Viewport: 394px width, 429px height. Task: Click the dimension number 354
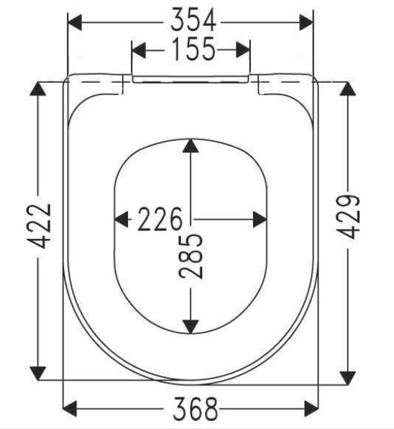[193, 20]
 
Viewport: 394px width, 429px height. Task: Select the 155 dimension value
[193, 49]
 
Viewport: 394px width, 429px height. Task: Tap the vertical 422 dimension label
[39, 226]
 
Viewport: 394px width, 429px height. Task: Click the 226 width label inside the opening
[160, 219]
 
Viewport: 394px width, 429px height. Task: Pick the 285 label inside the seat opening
[191, 256]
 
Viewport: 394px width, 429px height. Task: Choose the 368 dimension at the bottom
[196, 409]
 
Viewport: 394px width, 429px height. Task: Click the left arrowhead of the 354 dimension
[75, 22]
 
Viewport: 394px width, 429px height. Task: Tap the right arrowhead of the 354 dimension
[306, 22]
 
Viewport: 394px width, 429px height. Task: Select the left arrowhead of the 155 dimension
[139, 50]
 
